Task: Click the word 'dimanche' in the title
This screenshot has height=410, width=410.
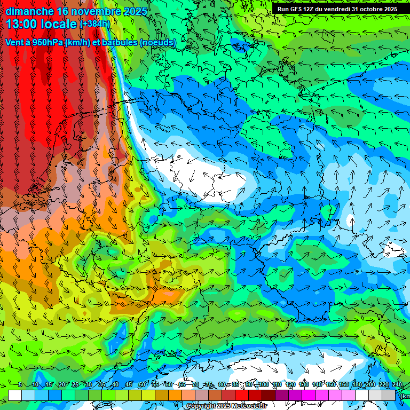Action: pyautogui.click(x=29, y=11)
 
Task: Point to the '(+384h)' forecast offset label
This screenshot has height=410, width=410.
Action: pyautogui.click(x=94, y=24)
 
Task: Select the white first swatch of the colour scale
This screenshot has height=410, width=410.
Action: pyautogui.click(x=15, y=396)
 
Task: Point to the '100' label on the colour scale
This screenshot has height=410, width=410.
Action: pyautogui.click(x=263, y=385)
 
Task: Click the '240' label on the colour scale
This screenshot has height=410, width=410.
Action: pyautogui.click(x=397, y=385)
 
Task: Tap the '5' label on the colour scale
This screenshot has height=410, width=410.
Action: pyautogui.click(x=20, y=385)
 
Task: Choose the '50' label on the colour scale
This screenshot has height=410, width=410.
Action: pyautogui.click(x=141, y=385)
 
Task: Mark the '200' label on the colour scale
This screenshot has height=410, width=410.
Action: pyautogui.click(x=370, y=385)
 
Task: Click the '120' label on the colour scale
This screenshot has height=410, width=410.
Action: pyautogui.click(x=290, y=385)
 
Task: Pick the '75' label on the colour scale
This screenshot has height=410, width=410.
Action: pyautogui.click(x=209, y=385)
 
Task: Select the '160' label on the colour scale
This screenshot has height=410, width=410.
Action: pyautogui.click(x=343, y=385)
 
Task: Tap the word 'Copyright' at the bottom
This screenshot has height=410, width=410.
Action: pyautogui.click(x=201, y=406)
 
